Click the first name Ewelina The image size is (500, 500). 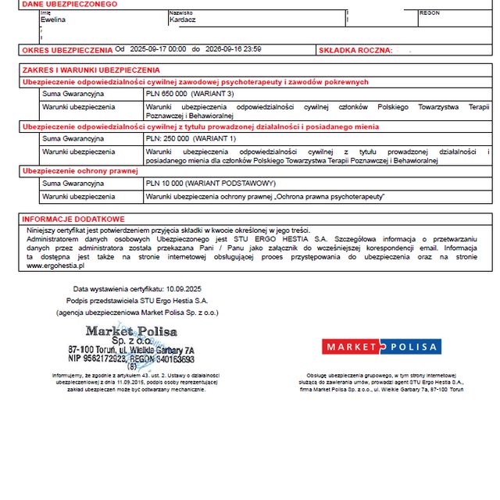point(41,20)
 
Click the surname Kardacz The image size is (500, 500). point(184,20)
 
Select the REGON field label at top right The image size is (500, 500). point(429,13)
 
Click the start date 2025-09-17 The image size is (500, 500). point(146,49)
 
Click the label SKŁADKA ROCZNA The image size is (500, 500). point(355,50)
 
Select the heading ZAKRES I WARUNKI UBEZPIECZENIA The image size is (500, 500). point(91,70)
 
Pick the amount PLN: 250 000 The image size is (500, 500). point(168,138)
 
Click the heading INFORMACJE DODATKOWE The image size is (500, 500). point(73,220)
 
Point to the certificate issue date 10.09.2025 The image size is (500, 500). point(183,288)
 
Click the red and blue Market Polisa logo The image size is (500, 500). point(381,347)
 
